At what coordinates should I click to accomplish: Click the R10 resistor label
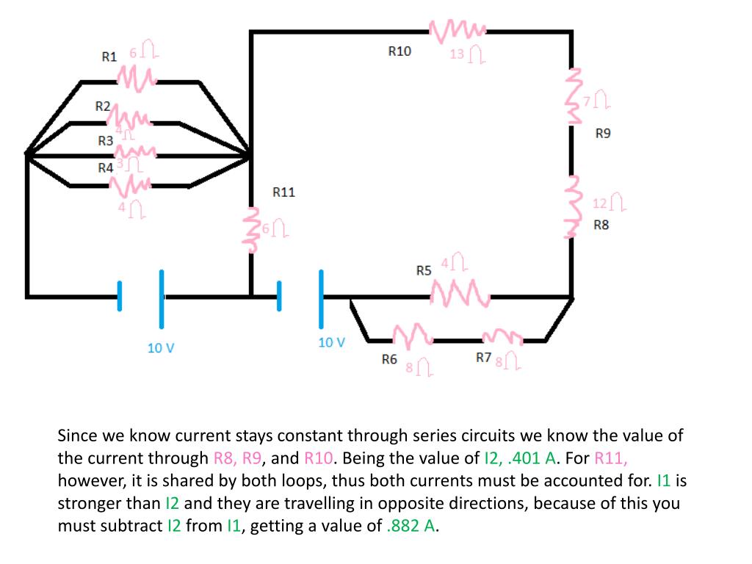click(399, 51)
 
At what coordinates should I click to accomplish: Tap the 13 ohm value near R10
click(466, 54)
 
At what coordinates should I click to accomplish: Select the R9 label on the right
click(603, 134)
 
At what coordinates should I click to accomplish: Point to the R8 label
click(601, 225)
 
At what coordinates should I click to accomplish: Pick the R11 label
click(283, 192)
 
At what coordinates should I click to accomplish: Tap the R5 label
click(424, 271)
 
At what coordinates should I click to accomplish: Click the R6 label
click(389, 359)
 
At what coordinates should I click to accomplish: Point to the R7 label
click(483, 358)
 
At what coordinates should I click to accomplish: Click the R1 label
click(109, 57)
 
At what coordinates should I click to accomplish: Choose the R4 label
click(106, 167)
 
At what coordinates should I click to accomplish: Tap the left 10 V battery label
click(161, 348)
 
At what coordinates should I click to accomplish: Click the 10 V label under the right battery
click(331, 342)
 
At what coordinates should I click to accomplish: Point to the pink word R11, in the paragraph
click(611, 458)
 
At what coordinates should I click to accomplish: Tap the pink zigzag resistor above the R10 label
click(457, 31)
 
